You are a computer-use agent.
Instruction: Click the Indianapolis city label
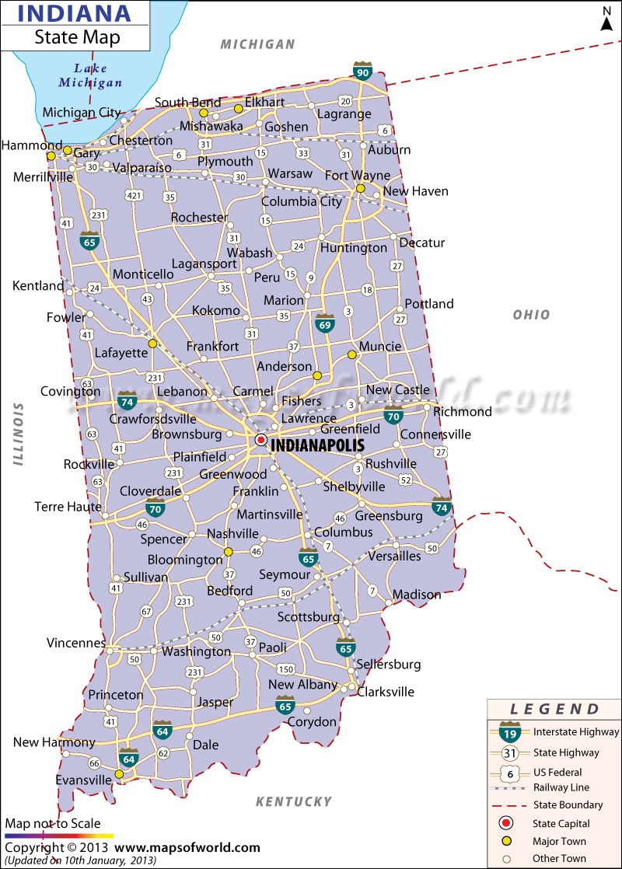pyautogui.click(x=316, y=445)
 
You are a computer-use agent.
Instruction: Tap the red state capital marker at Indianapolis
pyautogui.click(x=260, y=440)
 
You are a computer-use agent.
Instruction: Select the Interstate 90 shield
pyautogui.click(x=362, y=71)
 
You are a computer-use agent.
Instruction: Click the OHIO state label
pyautogui.click(x=531, y=315)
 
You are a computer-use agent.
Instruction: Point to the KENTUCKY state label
pyautogui.click(x=294, y=801)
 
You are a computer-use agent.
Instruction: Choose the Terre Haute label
pyautogui.click(x=68, y=507)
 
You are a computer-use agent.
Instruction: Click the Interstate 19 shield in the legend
pyautogui.click(x=509, y=732)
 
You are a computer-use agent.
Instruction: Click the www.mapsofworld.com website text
pyautogui.click(x=187, y=847)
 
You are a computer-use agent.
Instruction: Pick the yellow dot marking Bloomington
pyautogui.click(x=229, y=552)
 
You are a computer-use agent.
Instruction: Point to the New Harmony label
pyautogui.click(x=54, y=742)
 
